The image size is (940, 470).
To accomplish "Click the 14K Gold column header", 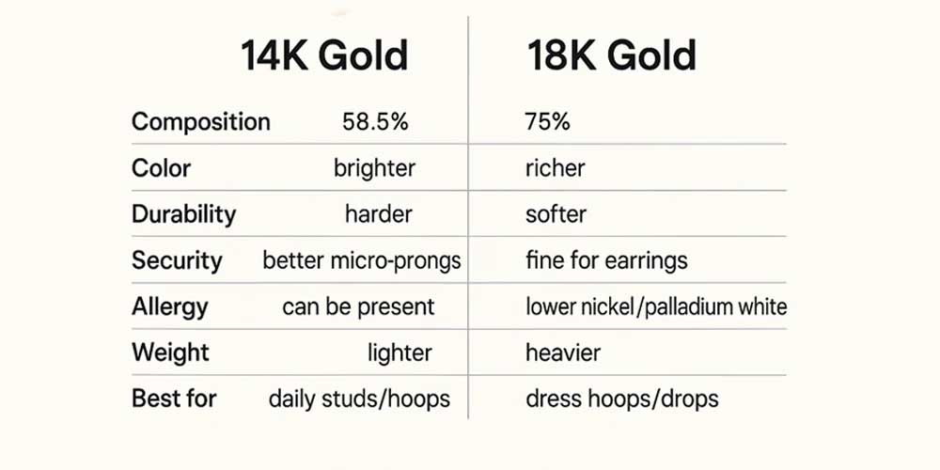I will [x=325, y=57].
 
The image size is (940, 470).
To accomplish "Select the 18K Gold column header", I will [x=612, y=57].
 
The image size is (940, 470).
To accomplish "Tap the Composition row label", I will [x=201, y=122].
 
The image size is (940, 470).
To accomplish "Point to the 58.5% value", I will [x=376, y=122].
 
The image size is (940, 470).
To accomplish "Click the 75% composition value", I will [x=548, y=122].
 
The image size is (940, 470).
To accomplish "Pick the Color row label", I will [x=161, y=168].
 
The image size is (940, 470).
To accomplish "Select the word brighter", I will [x=374, y=168].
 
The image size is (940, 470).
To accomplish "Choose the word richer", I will [x=556, y=168].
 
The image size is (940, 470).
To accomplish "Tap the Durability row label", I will [x=183, y=214].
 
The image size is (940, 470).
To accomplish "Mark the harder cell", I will [x=378, y=214].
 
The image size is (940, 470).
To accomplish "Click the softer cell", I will [x=556, y=214].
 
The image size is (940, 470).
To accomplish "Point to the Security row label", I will [x=177, y=260].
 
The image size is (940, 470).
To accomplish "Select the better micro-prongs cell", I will [x=362, y=260].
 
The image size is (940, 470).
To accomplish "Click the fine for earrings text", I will [x=607, y=260].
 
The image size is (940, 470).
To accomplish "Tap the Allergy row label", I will [x=170, y=306].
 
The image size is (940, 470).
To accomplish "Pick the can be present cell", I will [x=358, y=306].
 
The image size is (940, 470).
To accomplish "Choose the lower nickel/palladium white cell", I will [x=656, y=306].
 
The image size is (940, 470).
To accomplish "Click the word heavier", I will [x=563, y=353].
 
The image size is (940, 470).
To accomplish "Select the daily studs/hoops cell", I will [x=359, y=399].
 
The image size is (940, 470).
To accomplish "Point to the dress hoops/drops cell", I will [x=622, y=399].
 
